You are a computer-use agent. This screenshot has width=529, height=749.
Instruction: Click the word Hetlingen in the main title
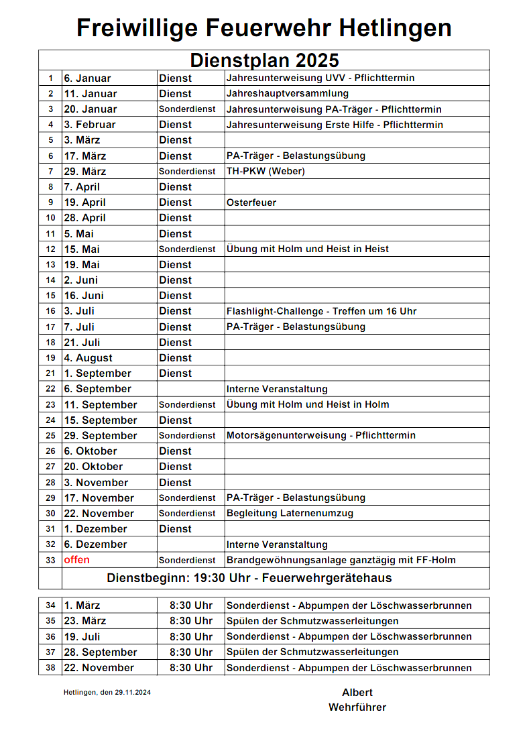pos(395,28)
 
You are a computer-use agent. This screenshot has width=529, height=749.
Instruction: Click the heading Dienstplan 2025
pos(264,60)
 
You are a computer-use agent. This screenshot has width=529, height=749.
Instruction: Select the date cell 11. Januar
pos(91,94)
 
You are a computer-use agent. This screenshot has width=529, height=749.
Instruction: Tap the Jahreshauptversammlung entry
pos(288,94)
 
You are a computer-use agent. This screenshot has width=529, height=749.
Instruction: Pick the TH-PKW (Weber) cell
pos(266,171)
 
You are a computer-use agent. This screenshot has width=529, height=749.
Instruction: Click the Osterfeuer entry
pos(251,203)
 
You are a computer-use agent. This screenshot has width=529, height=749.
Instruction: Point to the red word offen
pos(77,560)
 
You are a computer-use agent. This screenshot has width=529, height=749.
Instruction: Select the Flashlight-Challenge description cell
pos(322,311)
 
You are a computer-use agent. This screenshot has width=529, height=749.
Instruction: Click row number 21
pos(50,373)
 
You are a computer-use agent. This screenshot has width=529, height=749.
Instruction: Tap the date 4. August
pos(89,358)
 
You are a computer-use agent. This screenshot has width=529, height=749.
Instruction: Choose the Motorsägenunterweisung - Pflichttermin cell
pos(321,436)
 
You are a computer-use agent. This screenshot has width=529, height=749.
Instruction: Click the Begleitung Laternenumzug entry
pos(290,514)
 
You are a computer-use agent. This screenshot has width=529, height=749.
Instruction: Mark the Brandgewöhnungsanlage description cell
pos(342,561)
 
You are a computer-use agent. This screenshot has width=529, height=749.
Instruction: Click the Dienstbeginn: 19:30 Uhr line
pos(249,578)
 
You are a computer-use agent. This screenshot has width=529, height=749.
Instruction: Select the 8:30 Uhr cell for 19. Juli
pos(190,637)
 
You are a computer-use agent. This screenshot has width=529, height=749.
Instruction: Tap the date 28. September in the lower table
pos(101,652)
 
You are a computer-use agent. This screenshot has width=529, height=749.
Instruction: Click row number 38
pos(50,668)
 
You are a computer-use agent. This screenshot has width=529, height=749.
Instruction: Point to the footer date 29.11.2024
pos(132,693)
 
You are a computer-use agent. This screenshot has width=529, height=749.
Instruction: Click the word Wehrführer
pos(357,707)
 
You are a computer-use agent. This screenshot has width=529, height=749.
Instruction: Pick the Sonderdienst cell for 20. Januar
pos(187,109)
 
